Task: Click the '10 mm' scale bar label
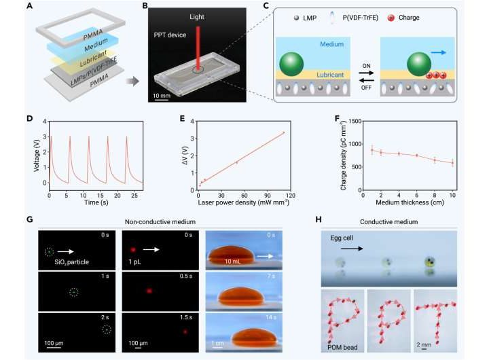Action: click(163, 96)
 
